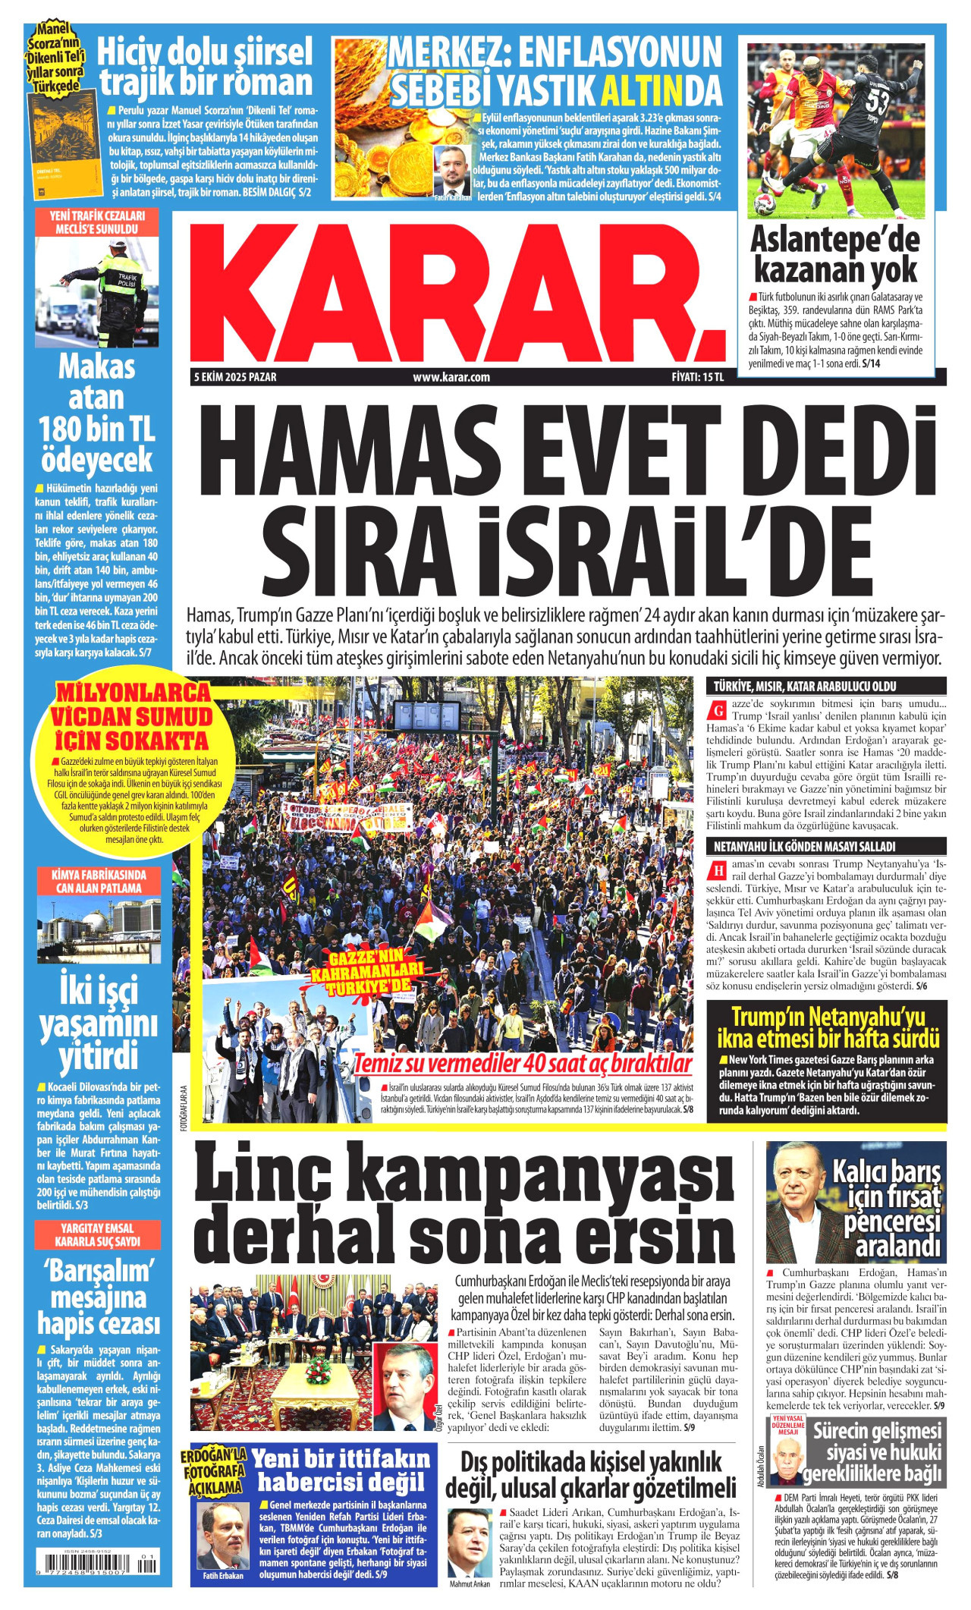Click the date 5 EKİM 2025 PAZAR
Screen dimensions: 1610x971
(x=235, y=377)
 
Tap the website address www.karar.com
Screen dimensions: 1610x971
(x=451, y=377)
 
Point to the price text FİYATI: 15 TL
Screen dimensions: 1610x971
(x=698, y=377)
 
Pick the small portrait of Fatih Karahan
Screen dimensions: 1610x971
(x=453, y=171)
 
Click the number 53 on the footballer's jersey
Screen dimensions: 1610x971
(x=878, y=101)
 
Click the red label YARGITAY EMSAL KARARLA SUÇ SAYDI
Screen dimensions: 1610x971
(x=97, y=1235)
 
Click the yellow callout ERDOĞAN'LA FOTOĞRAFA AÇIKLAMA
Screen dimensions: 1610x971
(x=214, y=1470)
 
